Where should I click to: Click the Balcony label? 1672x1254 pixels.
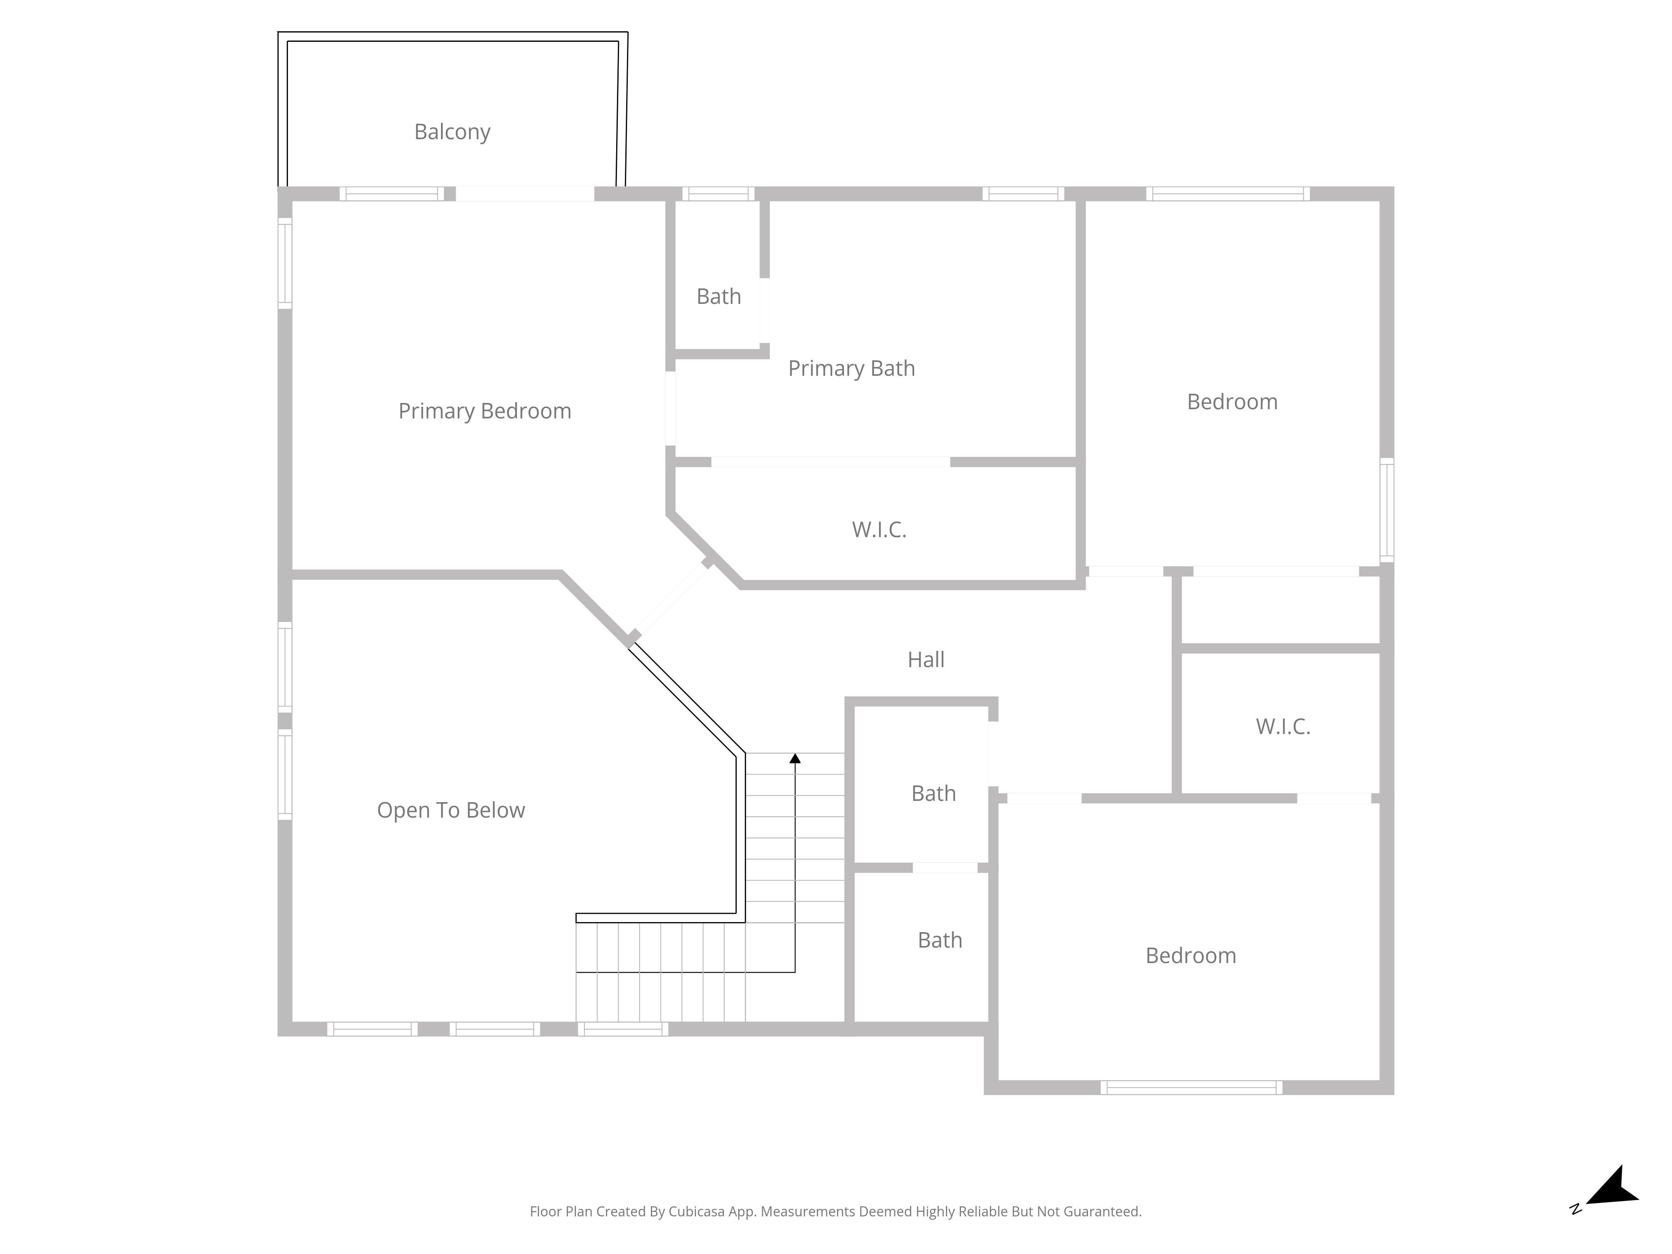click(452, 132)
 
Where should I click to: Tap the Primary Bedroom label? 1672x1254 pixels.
click(484, 411)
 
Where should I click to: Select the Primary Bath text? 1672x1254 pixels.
click(851, 368)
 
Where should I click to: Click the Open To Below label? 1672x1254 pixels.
click(451, 811)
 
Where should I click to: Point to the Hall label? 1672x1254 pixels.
click(926, 660)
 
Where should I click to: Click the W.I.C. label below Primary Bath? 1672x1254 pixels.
click(879, 530)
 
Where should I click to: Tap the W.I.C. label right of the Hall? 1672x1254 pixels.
click(1283, 727)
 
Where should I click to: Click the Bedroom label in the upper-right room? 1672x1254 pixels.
click(1232, 402)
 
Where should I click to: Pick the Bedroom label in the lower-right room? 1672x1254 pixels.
click(1190, 956)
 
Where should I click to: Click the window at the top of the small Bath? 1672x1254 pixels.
click(718, 194)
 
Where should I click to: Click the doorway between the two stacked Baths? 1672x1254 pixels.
click(945, 868)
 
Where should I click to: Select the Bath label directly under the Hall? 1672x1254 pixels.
click(933, 794)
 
